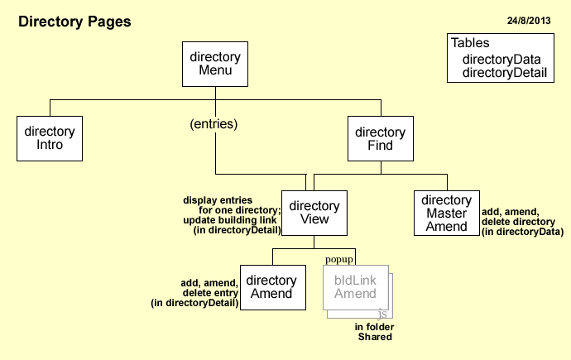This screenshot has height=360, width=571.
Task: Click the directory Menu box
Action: [x=215, y=64]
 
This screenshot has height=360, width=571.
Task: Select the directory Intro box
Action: [x=50, y=138]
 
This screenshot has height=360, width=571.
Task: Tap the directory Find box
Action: [x=381, y=138]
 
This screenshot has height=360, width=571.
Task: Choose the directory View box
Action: [x=314, y=213]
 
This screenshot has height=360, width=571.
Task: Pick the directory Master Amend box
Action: [x=447, y=213]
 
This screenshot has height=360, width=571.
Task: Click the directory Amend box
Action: [x=272, y=287]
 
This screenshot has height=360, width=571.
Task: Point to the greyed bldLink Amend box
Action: [x=355, y=286]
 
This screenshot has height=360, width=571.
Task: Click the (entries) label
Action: [x=214, y=124]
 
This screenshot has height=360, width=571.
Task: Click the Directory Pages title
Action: [x=74, y=22]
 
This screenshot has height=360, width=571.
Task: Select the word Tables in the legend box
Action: [x=470, y=43]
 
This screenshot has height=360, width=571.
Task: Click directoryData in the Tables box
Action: [x=501, y=59]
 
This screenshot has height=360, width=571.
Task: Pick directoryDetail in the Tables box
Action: [x=504, y=73]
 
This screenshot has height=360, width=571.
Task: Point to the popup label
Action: [x=338, y=259]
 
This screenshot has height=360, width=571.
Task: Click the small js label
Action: [x=381, y=315]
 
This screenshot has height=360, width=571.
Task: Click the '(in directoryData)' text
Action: [x=522, y=233]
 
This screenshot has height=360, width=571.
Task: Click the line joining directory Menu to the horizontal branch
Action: [x=215, y=93]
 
